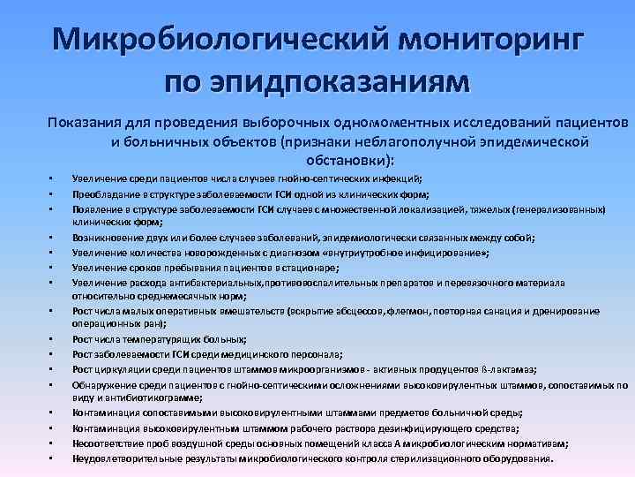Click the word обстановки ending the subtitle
(347, 160)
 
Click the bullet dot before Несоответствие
(51, 443)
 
